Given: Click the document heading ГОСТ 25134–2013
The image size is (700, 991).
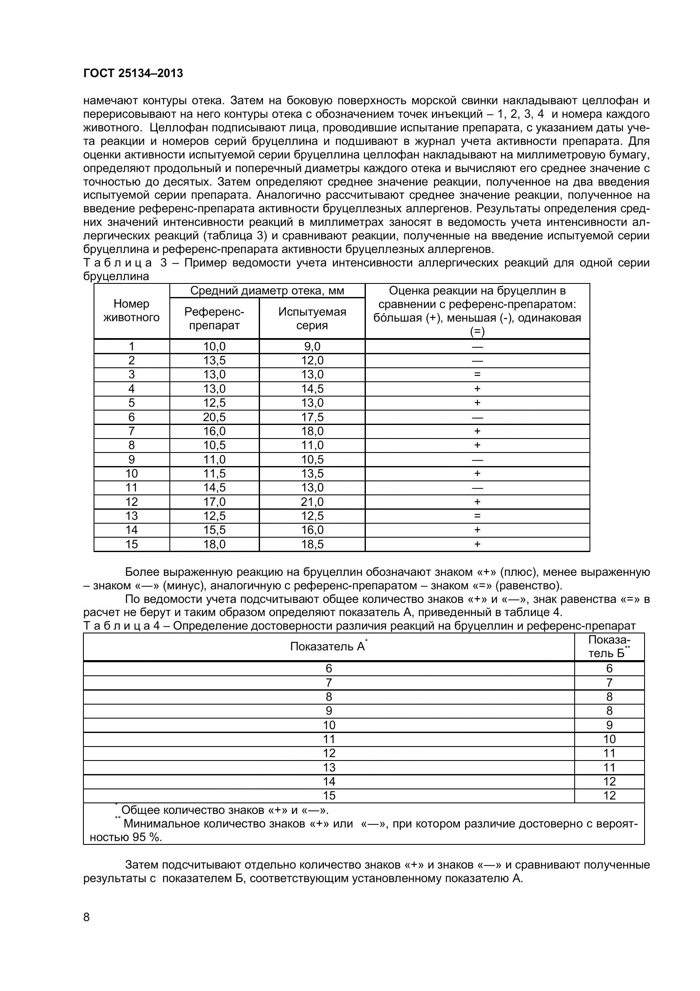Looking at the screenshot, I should tap(133, 73).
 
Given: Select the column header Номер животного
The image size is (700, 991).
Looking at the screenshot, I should tap(132, 310).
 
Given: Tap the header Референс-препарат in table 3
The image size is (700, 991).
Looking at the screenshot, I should tap(214, 319).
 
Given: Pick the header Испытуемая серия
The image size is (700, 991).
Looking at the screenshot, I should tap(312, 319).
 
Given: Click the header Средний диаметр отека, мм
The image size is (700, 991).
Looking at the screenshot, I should tap(267, 291).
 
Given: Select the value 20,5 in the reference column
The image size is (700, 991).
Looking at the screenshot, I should tap(214, 417).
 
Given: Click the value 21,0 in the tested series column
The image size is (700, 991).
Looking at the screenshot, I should tap(312, 502).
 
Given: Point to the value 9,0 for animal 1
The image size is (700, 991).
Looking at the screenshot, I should tap(312, 346).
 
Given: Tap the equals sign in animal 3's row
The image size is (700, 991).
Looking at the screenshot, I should tap(477, 375).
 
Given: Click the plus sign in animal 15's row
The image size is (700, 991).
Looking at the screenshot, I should tap(477, 544).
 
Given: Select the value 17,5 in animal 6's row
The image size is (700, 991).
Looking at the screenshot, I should tap(312, 417).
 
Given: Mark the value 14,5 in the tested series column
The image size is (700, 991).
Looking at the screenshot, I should tap(312, 389).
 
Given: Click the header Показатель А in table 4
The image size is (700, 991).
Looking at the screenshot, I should tap(328, 647).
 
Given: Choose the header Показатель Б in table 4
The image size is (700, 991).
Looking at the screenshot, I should tap(609, 647).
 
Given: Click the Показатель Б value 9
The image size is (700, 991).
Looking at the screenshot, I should tap(609, 725).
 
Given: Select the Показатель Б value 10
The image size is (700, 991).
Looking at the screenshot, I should tap(609, 739).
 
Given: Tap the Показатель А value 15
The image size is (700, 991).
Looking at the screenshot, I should tap(329, 796).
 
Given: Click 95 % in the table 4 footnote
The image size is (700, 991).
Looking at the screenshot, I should tap(147, 837).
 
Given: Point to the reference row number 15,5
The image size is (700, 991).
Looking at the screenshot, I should tap(214, 530).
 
